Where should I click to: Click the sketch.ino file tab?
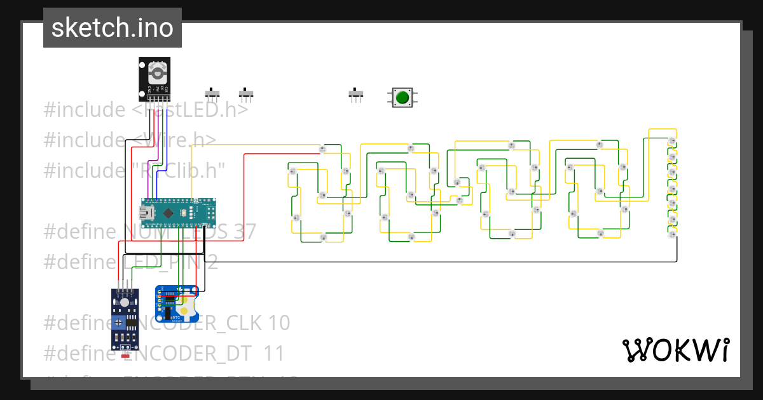[113, 28]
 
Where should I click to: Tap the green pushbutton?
[402, 97]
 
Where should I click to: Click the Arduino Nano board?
[179, 213]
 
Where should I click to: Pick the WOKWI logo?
[675, 350]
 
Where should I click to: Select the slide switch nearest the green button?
[356, 95]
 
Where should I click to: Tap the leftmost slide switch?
[213, 95]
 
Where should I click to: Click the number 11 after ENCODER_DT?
[274, 353]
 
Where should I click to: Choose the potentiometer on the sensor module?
[120, 323]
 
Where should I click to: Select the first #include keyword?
[85, 110]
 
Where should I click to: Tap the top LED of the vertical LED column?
[672, 140]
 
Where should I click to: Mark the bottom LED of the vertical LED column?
[672, 234]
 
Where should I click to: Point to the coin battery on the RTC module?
[185, 310]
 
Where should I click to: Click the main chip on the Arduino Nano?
[168, 213]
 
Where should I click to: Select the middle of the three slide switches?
[246, 95]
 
